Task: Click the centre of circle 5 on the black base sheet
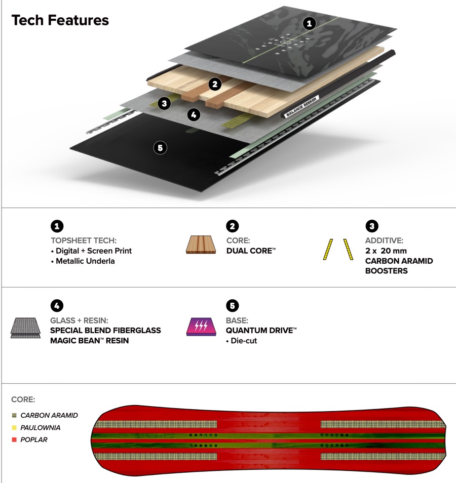click(160, 148)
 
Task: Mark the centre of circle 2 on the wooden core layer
click(215, 84)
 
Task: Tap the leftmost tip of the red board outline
click(91, 439)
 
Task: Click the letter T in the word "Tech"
click(16, 20)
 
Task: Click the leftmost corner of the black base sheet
click(70, 147)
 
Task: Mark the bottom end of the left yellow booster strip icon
click(324, 259)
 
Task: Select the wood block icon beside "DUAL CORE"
click(201, 245)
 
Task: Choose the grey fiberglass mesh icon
click(26, 328)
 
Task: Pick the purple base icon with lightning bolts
click(201, 327)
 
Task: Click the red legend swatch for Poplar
click(14, 439)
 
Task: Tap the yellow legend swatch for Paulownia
click(14, 427)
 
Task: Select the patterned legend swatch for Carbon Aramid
click(14, 415)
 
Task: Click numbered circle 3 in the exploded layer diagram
click(164, 103)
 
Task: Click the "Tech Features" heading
click(60, 20)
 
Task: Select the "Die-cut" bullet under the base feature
click(241, 341)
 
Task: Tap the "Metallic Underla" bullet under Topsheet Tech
click(83, 261)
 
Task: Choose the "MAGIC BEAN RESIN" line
click(89, 340)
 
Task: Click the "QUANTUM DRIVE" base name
click(261, 330)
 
